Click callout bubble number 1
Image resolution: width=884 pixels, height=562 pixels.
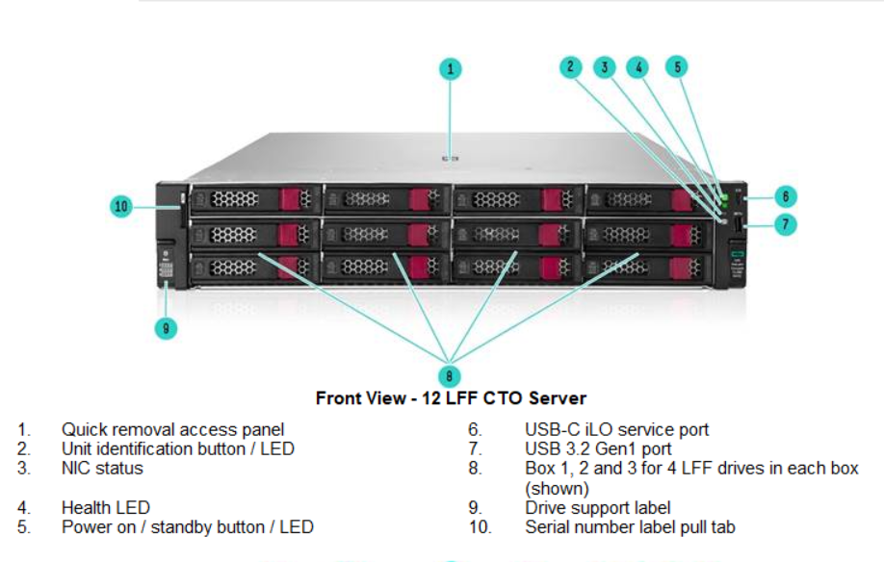pyautogui.click(x=451, y=68)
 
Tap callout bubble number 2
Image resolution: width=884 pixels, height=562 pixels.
pyautogui.click(x=570, y=66)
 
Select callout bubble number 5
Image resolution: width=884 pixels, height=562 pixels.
pyautogui.click(x=678, y=66)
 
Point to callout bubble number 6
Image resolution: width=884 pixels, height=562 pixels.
pyautogui.click(x=785, y=196)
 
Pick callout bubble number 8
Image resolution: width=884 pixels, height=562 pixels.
pyautogui.click(x=450, y=375)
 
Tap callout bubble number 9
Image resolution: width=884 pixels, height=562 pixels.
pyautogui.click(x=166, y=328)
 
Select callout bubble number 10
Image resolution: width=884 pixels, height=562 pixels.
pyautogui.click(x=120, y=206)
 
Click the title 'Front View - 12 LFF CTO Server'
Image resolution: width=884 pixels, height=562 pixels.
pyautogui.click(x=451, y=398)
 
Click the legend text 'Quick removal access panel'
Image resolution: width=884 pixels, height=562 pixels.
pyautogui.click(x=173, y=430)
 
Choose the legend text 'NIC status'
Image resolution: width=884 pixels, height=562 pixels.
pyautogui.click(x=102, y=469)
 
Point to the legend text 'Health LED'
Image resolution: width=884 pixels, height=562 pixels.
pyautogui.click(x=106, y=507)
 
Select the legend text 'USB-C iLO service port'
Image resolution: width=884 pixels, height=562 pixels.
pyautogui.click(x=616, y=430)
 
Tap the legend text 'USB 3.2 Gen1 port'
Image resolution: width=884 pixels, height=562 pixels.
pyautogui.click(x=598, y=449)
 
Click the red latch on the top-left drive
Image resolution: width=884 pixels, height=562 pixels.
pyautogui.click(x=290, y=199)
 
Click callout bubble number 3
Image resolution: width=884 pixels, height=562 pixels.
pyautogui.click(x=605, y=66)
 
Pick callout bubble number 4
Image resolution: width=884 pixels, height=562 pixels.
pyautogui.click(x=637, y=66)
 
